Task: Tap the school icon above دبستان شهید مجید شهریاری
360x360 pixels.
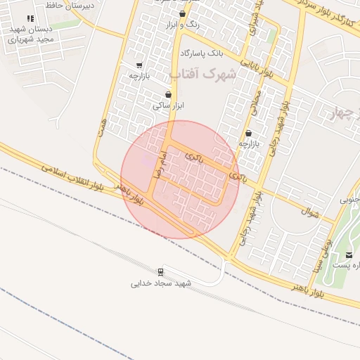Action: coord(30,19)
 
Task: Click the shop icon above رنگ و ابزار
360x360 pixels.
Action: coord(183,13)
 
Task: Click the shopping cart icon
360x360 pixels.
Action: coord(139,65)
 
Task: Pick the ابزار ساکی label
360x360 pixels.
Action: coord(168,105)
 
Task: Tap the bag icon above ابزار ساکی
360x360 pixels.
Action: coord(168,94)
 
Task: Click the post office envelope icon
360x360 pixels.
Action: coord(349,254)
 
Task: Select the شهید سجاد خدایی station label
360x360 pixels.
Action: coord(161,283)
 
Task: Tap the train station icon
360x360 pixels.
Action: coord(161,271)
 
